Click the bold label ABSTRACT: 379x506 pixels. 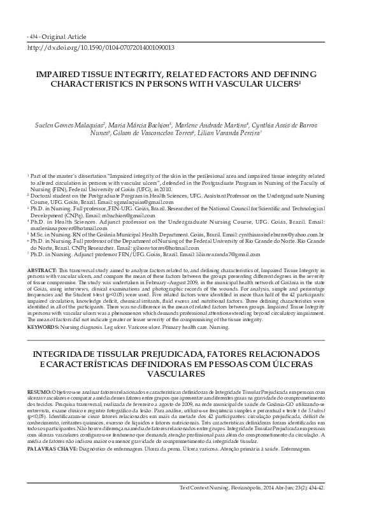41,271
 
